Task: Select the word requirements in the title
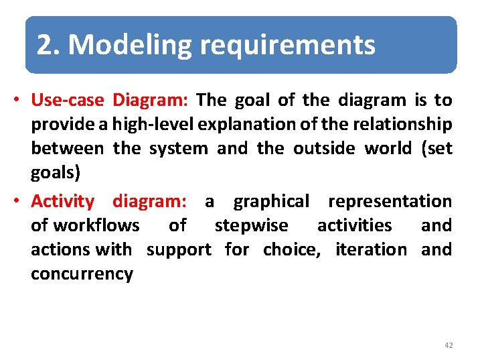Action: [x=287, y=46]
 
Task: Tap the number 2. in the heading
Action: [x=50, y=46]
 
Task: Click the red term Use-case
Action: [x=68, y=101]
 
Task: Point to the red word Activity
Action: [x=63, y=201]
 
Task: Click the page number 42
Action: [x=448, y=345]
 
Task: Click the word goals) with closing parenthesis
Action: [x=56, y=173]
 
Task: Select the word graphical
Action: [x=271, y=201]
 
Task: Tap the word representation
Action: [x=390, y=201]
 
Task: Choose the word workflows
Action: [x=96, y=225]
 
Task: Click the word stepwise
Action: [x=251, y=225]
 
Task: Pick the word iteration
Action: [x=371, y=249]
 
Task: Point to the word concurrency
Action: [x=82, y=274]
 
